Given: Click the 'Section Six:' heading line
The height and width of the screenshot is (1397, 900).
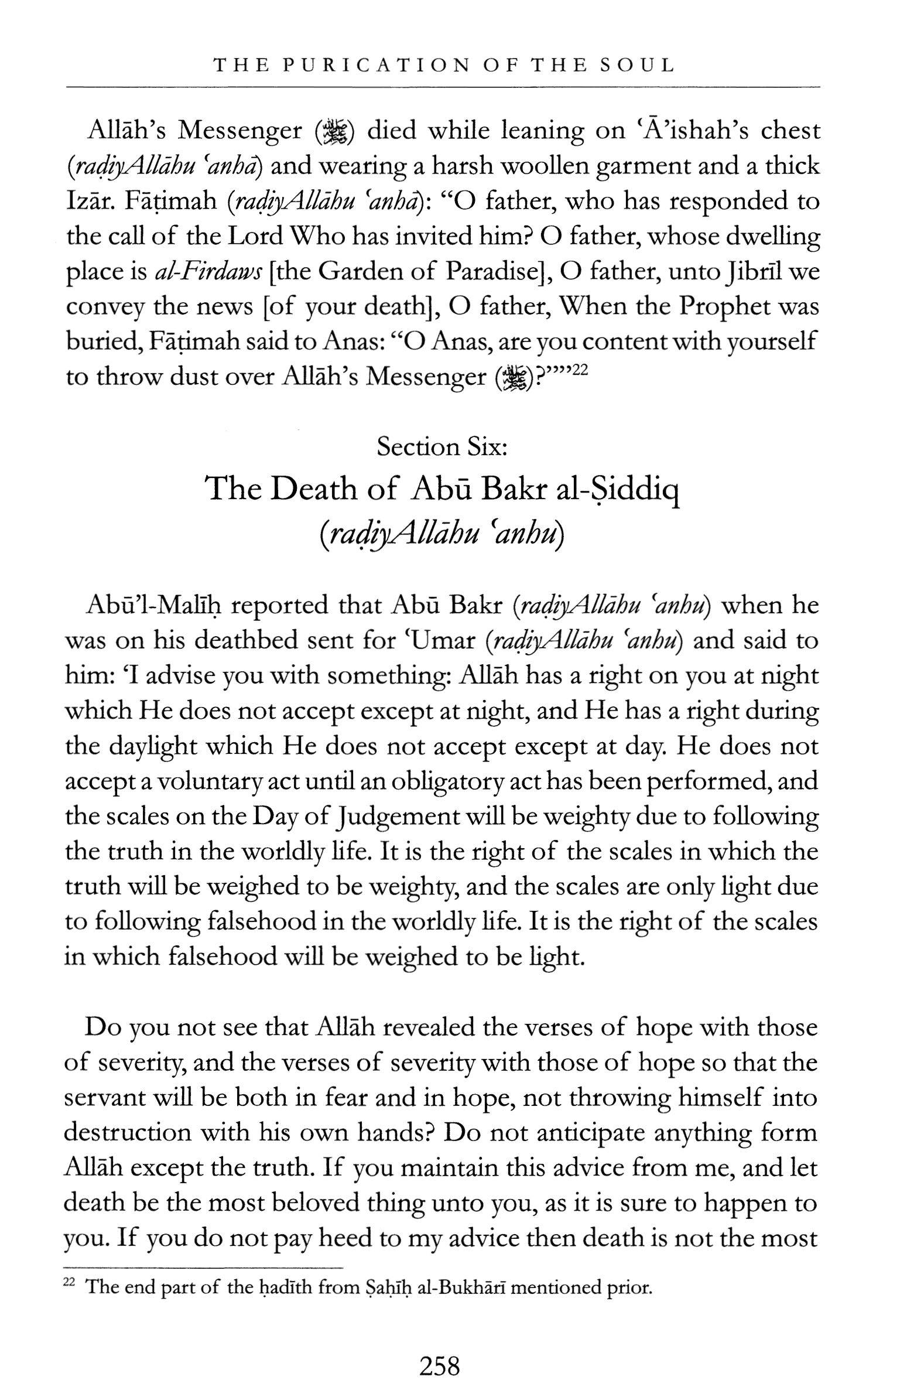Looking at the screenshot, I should (x=442, y=447).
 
